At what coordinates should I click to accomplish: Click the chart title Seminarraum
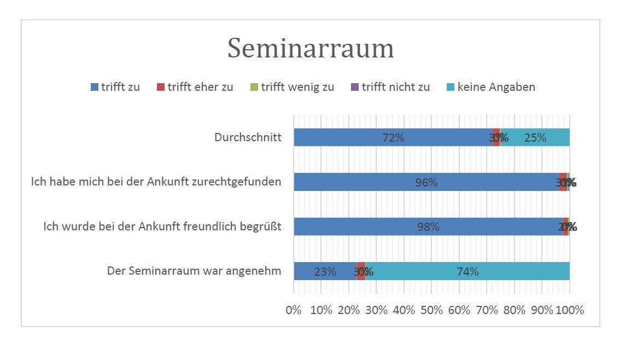311,49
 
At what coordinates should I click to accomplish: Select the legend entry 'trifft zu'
115,87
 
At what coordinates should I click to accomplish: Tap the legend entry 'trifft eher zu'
195,87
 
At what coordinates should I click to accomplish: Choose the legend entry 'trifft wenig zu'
292,87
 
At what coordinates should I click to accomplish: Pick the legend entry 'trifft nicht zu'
390,87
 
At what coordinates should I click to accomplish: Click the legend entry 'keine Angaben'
491,87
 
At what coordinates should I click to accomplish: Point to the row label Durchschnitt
248,137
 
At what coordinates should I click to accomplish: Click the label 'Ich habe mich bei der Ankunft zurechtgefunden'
156,182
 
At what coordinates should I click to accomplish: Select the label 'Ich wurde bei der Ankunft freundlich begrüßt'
162,227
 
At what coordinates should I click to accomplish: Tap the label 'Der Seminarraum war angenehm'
194,271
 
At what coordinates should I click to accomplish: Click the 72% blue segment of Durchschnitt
393,137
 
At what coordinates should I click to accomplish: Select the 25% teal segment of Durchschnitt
535,137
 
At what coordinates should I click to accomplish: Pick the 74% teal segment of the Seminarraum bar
468,271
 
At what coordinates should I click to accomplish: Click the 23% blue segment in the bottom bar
325,271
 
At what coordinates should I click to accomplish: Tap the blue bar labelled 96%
426,182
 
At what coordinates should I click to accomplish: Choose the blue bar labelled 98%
428,227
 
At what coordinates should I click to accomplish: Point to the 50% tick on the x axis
431,310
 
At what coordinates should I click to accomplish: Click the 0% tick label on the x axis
294,310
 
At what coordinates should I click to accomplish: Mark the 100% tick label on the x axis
570,310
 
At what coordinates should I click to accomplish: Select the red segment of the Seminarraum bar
361,271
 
